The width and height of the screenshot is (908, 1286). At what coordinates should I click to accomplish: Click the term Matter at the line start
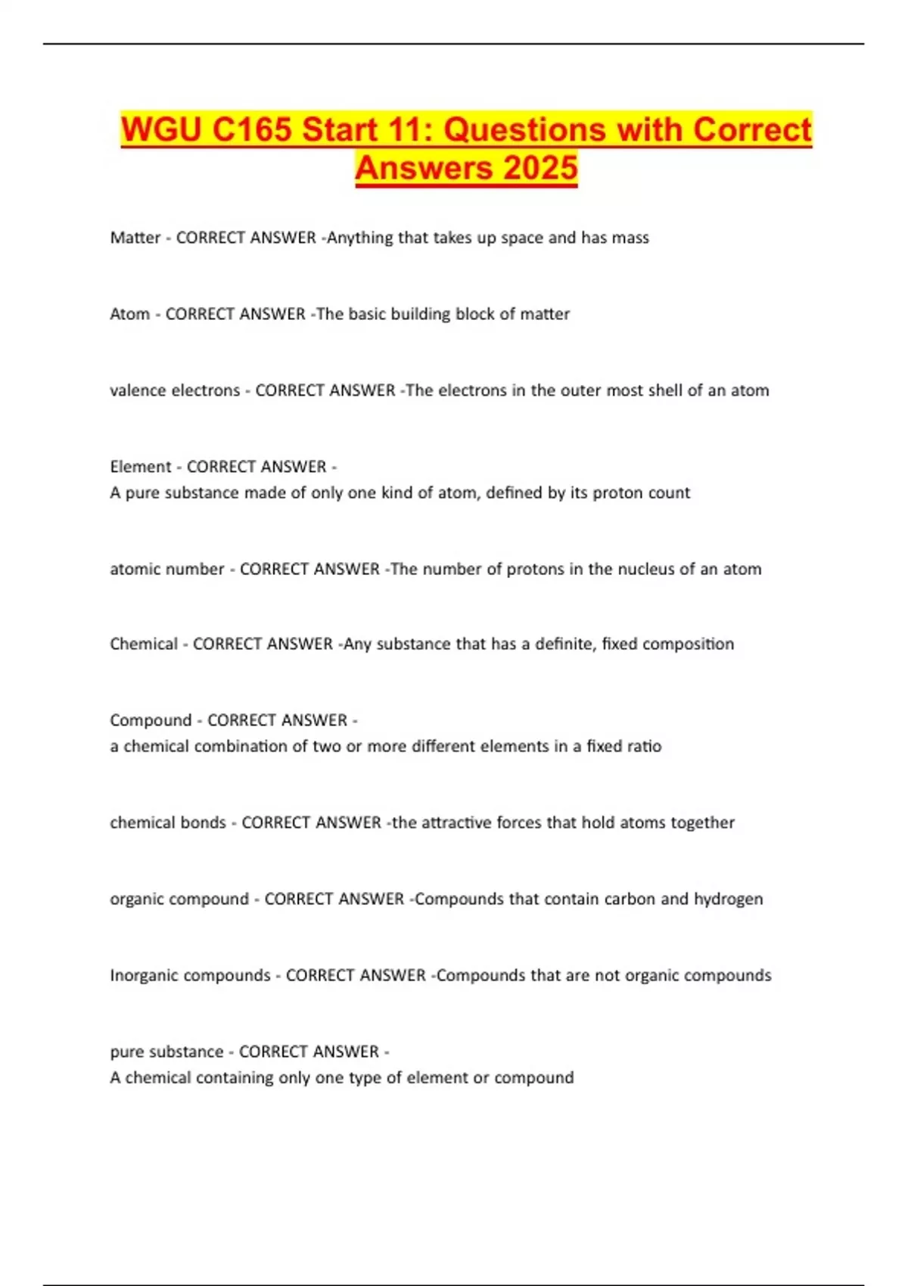[x=135, y=238]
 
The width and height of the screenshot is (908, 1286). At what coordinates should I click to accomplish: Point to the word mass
[x=631, y=238]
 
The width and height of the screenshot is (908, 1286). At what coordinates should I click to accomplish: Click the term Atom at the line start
[x=129, y=314]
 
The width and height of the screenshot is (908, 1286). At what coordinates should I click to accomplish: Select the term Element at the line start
[x=141, y=467]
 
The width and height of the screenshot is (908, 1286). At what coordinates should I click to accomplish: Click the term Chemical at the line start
[x=144, y=644]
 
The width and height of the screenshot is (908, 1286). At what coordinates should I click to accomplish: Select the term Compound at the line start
[x=151, y=720]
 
